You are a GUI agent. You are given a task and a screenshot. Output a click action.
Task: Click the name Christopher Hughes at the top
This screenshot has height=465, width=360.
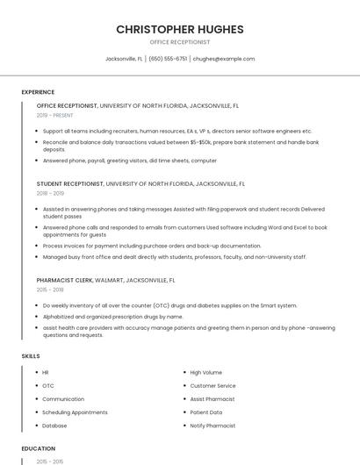pyautogui.click(x=180, y=29)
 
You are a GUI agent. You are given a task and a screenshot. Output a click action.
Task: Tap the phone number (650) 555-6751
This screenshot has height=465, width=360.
pyautogui.click(x=168, y=59)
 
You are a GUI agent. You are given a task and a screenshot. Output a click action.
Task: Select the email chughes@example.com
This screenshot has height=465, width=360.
pyautogui.click(x=224, y=59)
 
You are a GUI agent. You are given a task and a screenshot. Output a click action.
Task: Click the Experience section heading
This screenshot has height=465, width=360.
pyautogui.click(x=38, y=92)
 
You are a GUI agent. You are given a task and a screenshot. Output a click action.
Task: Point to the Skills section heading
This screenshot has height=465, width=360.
pyautogui.click(x=31, y=356)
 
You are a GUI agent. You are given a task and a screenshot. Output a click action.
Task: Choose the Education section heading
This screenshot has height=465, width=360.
pyautogui.click(x=39, y=448)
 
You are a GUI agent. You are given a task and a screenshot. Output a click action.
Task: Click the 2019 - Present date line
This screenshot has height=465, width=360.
pyautogui.click(x=54, y=115)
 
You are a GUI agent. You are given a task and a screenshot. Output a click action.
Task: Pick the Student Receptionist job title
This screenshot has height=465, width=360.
pyautogui.click(x=69, y=184)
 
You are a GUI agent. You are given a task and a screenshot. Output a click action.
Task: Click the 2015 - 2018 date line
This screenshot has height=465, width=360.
pyautogui.click(x=50, y=289)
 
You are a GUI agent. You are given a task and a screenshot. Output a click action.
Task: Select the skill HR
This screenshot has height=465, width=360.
pyautogui.click(x=46, y=372)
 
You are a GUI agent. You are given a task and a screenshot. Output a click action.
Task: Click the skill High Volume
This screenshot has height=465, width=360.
pyautogui.click(x=205, y=372)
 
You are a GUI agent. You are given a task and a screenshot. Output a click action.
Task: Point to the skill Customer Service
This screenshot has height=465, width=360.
pyautogui.click(x=212, y=385)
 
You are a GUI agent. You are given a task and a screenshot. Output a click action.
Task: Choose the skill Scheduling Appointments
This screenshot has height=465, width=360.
pyautogui.click(x=75, y=412)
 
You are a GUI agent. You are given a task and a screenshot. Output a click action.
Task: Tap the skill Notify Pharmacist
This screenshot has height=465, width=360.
pyautogui.click(x=212, y=426)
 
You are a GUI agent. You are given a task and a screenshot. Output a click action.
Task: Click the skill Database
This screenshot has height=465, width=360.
pyautogui.click(x=54, y=426)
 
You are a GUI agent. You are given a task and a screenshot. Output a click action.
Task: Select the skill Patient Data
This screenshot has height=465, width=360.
pyautogui.click(x=206, y=412)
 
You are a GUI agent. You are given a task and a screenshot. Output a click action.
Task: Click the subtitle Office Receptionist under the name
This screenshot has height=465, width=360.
pyautogui.click(x=180, y=41)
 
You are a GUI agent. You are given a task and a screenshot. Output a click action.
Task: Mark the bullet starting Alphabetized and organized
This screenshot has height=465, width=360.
pyautogui.click(x=112, y=316)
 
